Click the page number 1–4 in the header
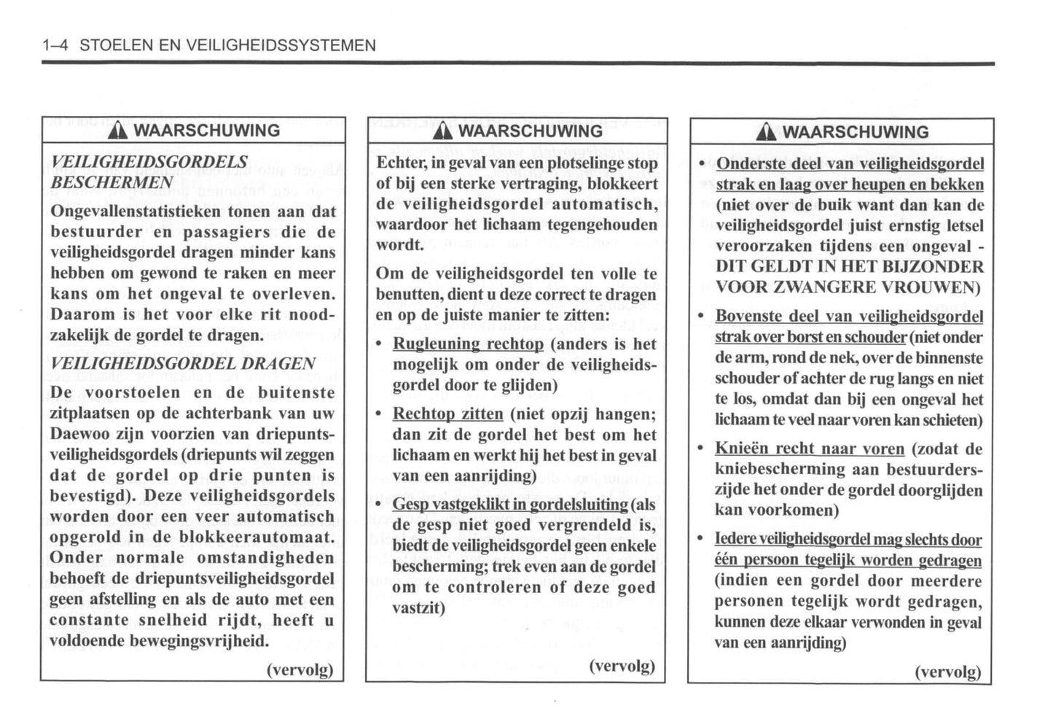tap(55, 45)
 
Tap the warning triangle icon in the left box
tap(118, 131)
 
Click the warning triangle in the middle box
tap(442, 132)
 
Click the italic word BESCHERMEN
tap(111, 182)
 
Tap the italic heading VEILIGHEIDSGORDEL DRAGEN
tap(183, 363)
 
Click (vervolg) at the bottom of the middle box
tap(622, 665)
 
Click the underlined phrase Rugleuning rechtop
tap(468, 344)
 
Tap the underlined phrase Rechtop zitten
tap(447, 414)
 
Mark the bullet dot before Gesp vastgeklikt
tap(378, 505)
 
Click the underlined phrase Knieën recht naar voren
tap(809, 449)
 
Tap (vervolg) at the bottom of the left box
tap(300, 669)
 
